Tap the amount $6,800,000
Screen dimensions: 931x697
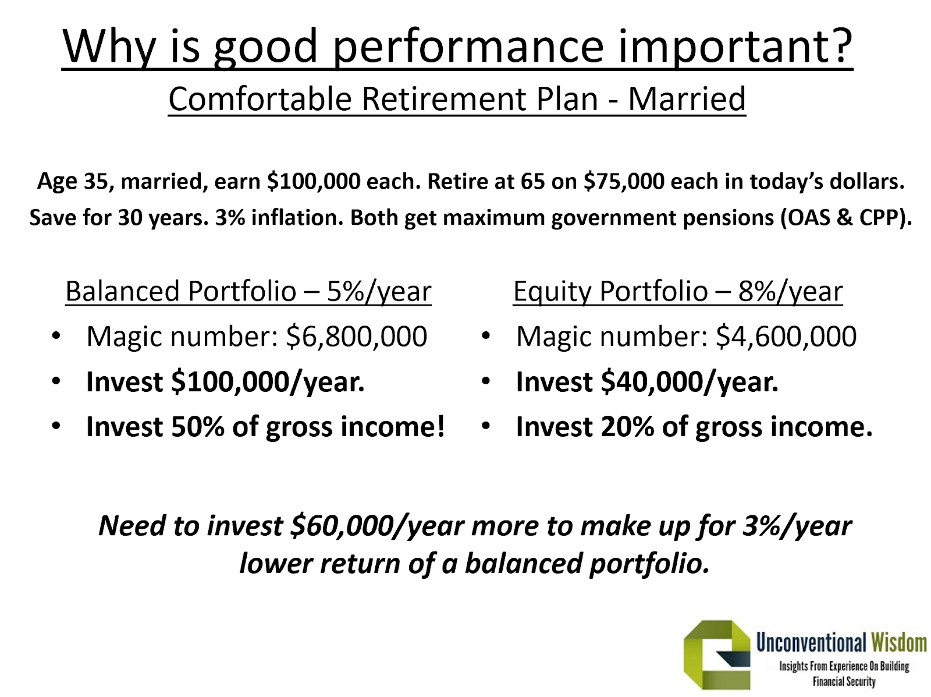[x=356, y=337]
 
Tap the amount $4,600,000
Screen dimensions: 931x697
[x=786, y=337]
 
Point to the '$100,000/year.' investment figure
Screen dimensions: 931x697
[x=268, y=382]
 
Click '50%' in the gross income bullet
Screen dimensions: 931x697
[x=198, y=426]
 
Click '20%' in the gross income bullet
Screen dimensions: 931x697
[x=627, y=426]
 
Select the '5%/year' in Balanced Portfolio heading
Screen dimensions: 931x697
[x=379, y=292]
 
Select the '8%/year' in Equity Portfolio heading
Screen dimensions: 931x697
[x=790, y=292]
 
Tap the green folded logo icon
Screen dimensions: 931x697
[x=716, y=656]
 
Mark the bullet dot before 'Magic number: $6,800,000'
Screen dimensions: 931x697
[x=56, y=337]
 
